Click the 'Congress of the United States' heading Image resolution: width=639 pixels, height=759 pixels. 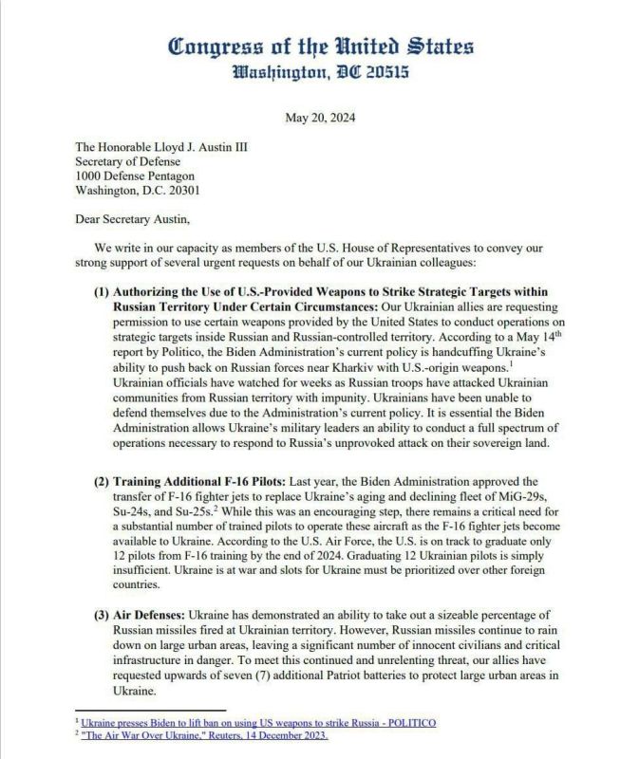pos(319,46)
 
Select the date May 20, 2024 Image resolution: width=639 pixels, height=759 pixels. pos(319,118)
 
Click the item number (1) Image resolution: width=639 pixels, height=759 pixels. pos(103,291)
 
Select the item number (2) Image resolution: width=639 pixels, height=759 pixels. pos(103,481)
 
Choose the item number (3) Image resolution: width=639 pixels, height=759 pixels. pos(103,615)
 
